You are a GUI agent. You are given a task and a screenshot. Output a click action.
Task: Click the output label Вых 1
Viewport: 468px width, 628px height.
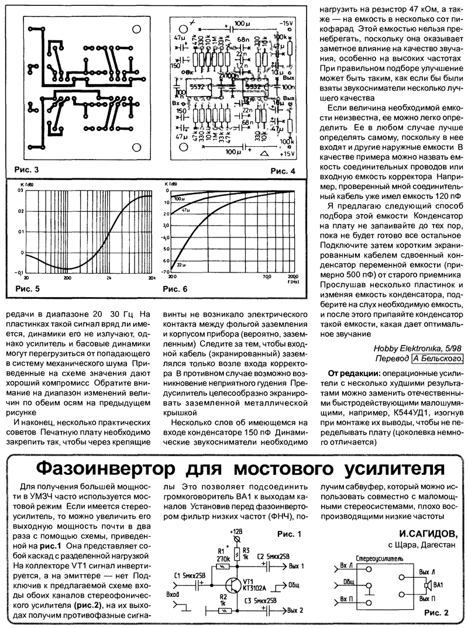tap(297, 566)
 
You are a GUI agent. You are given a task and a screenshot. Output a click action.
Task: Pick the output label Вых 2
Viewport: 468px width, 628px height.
tap(295, 610)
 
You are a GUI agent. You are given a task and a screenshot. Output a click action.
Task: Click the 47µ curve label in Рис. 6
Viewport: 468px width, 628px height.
tap(185, 209)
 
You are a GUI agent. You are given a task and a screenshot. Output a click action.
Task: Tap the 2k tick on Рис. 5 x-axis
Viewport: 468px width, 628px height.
tap(109, 278)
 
